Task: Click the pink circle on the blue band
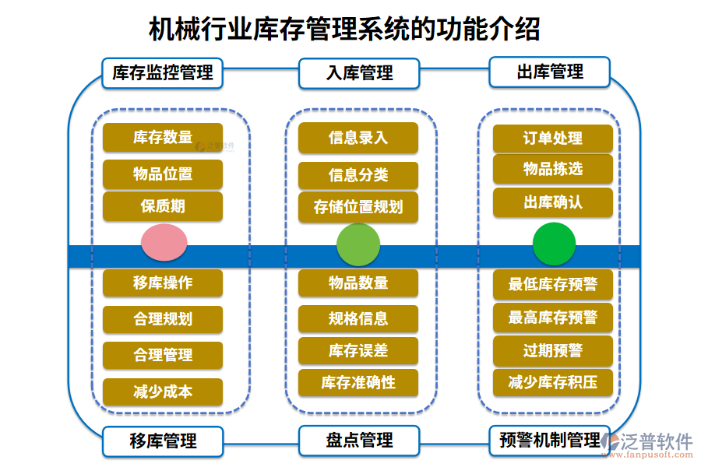(x=164, y=242)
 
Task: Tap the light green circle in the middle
(x=358, y=244)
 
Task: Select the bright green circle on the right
(x=554, y=244)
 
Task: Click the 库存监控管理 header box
(x=163, y=73)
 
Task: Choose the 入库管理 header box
(x=359, y=73)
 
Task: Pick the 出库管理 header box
(x=550, y=72)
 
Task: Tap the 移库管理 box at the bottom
(x=163, y=441)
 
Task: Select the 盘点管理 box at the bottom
(x=359, y=441)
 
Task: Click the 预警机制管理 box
(x=549, y=441)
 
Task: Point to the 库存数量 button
(x=163, y=138)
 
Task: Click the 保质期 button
(x=163, y=206)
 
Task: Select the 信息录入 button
(x=358, y=138)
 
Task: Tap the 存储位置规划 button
(x=358, y=207)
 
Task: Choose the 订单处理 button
(x=553, y=139)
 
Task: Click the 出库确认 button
(x=553, y=202)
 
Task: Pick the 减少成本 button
(x=163, y=392)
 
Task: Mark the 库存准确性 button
(x=358, y=382)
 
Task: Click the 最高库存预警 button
(x=553, y=318)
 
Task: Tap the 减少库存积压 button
(x=553, y=382)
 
